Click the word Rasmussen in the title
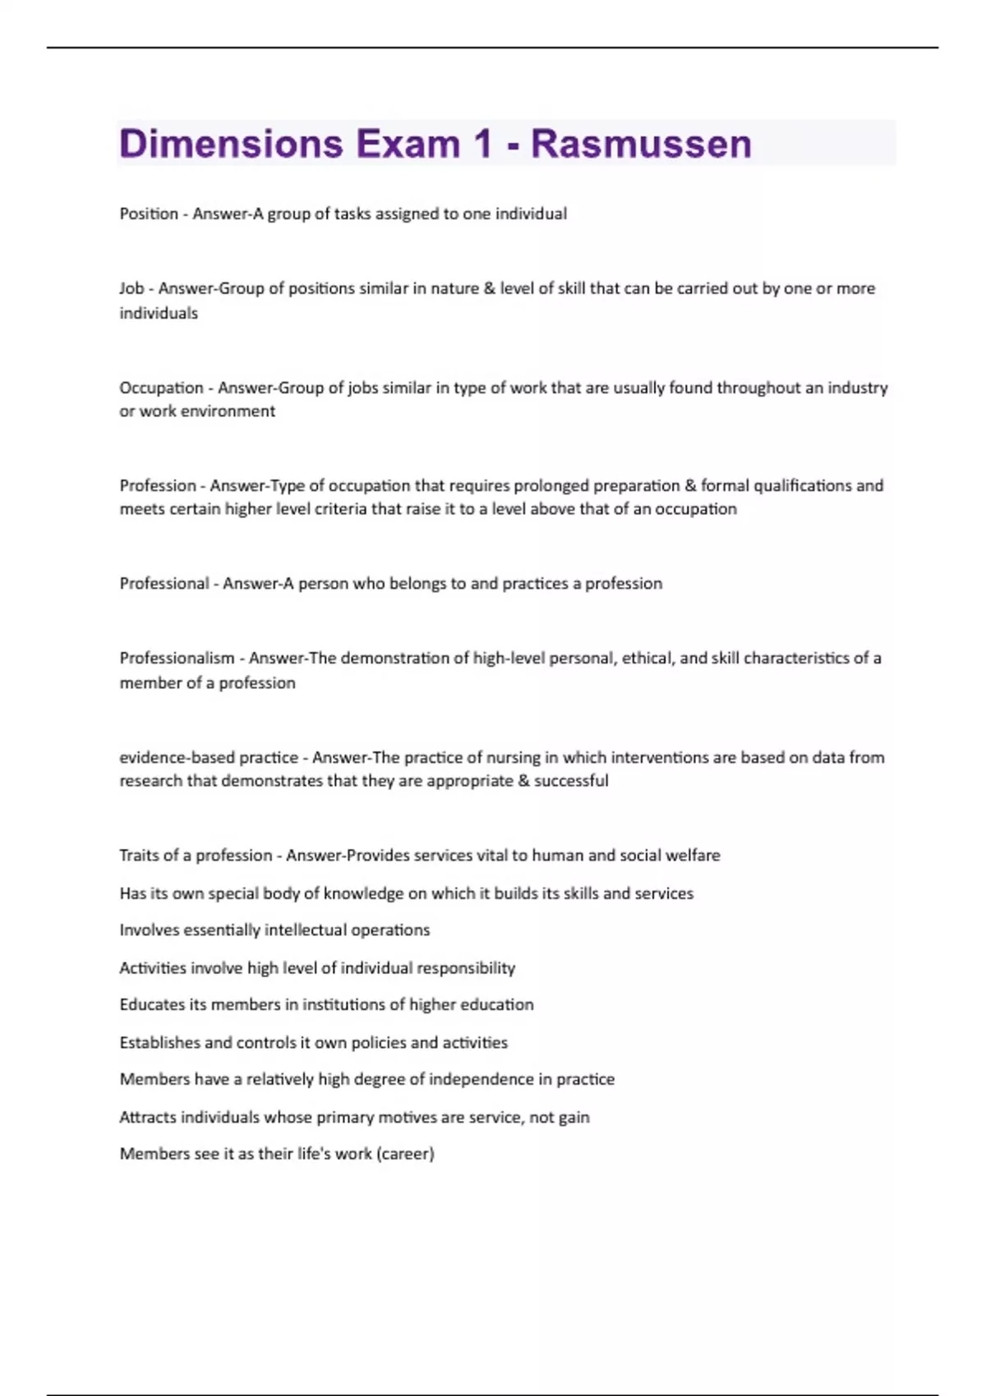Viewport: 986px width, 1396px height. coord(641,144)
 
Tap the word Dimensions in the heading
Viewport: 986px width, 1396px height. coord(231,144)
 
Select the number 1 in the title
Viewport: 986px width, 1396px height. coord(481,144)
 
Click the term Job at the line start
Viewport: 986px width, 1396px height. coord(131,288)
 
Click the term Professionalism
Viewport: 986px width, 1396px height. coord(177,658)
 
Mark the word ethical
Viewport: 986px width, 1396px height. coord(647,658)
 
